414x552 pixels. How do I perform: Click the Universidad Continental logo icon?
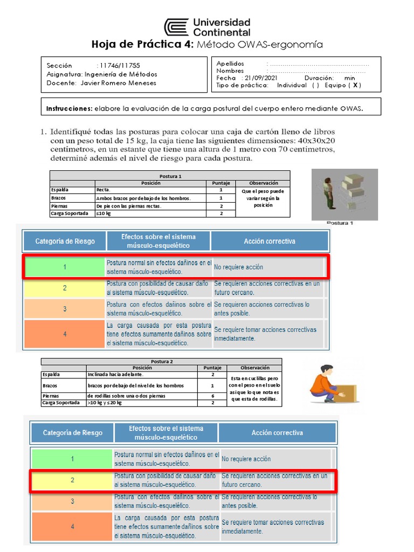pyautogui.click(x=177, y=27)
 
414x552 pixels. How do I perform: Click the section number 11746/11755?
pyautogui.click(x=115, y=65)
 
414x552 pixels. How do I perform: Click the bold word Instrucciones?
pyautogui.click(x=70, y=108)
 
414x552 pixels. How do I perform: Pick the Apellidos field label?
pyautogui.click(x=230, y=64)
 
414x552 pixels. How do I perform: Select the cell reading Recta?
pyautogui.click(x=103, y=190)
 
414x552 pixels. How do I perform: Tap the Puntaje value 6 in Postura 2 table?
pyautogui.click(x=212, y=396)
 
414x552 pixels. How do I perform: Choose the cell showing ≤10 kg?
pyautogui.click(x=103, y=213)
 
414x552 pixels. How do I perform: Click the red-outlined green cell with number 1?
pyautogui.click(x=64, y=267)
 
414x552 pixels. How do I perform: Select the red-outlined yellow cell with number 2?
pyautogui.click(x=72, y=480)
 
